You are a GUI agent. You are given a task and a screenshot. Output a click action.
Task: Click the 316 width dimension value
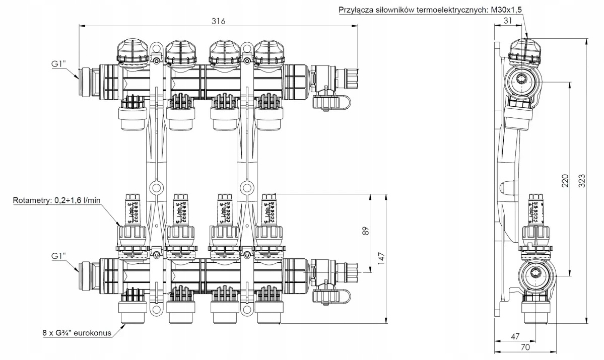pos(218,21)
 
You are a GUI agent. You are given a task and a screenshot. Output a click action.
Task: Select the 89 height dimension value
pos(366,231)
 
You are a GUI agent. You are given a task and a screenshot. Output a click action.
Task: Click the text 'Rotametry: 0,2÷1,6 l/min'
pos(57,200)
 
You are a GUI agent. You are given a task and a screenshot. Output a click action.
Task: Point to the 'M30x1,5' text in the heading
pos(506,9)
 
